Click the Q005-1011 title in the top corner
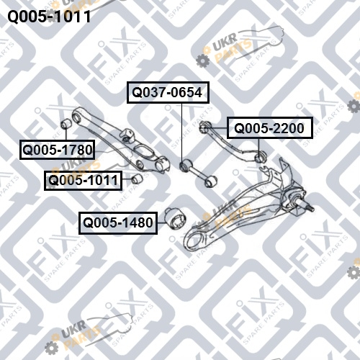point(49,17)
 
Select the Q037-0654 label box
point(168,92)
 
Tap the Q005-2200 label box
point(270,128)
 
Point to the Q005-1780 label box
point(57,150)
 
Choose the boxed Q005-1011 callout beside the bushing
point(83,181)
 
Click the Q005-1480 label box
point(118,223)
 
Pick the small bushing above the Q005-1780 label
point(66,123)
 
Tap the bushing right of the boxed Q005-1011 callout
point(137,179)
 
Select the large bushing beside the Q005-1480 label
point(176,219)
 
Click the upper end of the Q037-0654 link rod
point(186,166)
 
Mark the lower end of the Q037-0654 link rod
point(210,181)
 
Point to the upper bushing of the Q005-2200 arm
point(204,127)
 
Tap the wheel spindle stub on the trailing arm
point(308,207)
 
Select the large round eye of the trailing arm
point(194,240)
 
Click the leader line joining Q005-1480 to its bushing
point(162,223)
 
